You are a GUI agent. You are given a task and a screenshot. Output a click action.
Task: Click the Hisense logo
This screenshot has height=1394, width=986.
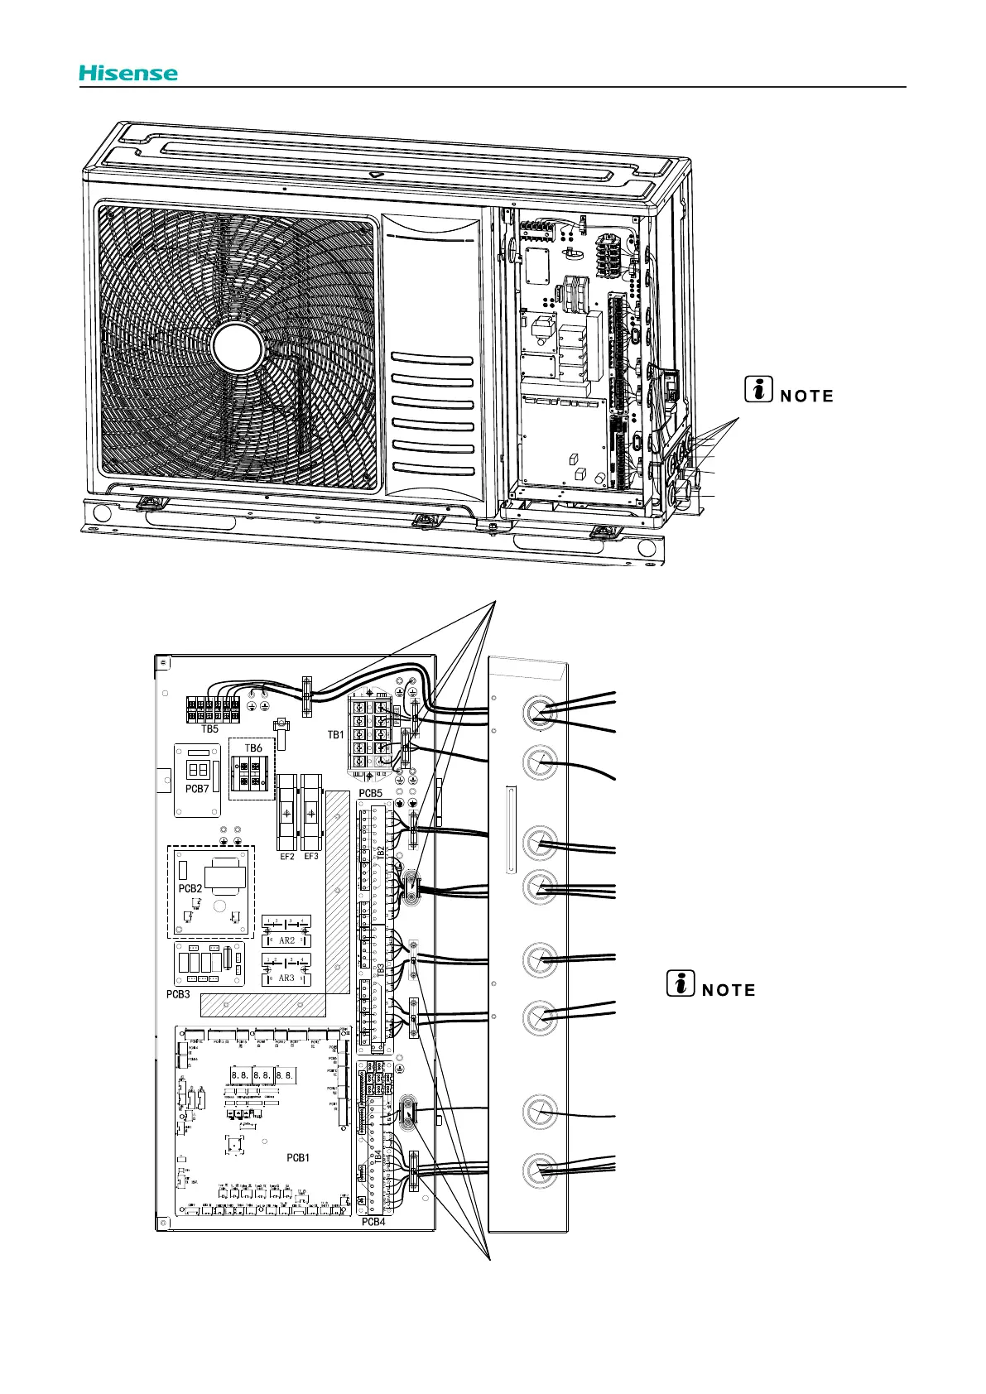[x=128, y=73]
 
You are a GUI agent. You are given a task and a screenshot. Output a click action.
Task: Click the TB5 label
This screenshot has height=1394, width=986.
[x=210, y=729]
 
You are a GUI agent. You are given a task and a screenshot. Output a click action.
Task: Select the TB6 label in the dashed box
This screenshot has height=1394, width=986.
[x=253, y=747]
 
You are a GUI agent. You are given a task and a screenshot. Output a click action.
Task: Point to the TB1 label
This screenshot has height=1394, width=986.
[x=335, y=734]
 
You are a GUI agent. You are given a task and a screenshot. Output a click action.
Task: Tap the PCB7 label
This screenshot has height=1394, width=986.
[x=197, y=789]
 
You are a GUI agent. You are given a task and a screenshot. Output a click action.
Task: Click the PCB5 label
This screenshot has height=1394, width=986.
[x=370, y=793]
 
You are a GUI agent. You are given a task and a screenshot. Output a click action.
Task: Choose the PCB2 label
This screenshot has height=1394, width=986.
[x=190, y=888]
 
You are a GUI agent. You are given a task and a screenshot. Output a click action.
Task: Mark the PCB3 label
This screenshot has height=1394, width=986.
[x=178, y=994]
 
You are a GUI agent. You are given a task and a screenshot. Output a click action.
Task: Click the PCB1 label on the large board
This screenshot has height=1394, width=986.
[x=297, y=1157]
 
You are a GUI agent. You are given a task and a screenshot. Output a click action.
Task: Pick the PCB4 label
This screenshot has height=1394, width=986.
[x=373, y=1221]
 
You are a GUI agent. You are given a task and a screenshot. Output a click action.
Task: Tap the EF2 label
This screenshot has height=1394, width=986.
[x=286, y=857]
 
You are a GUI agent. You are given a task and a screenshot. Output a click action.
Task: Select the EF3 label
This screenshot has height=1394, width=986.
[x=311, y=857]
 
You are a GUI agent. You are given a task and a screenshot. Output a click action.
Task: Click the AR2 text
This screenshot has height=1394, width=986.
[x=286, y=940]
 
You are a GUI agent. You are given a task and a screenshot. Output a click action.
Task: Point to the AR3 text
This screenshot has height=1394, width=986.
[x=286, y=978]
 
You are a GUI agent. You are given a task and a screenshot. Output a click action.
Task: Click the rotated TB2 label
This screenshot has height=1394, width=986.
[x=380, y=852]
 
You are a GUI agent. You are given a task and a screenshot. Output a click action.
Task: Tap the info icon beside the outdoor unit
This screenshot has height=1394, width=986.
[x=758, y=387]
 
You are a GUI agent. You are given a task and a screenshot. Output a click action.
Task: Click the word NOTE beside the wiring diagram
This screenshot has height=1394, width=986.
[x=729, y=990]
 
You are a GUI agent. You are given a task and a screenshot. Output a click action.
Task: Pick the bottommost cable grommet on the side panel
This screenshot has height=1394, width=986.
[x=540, y=1170]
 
